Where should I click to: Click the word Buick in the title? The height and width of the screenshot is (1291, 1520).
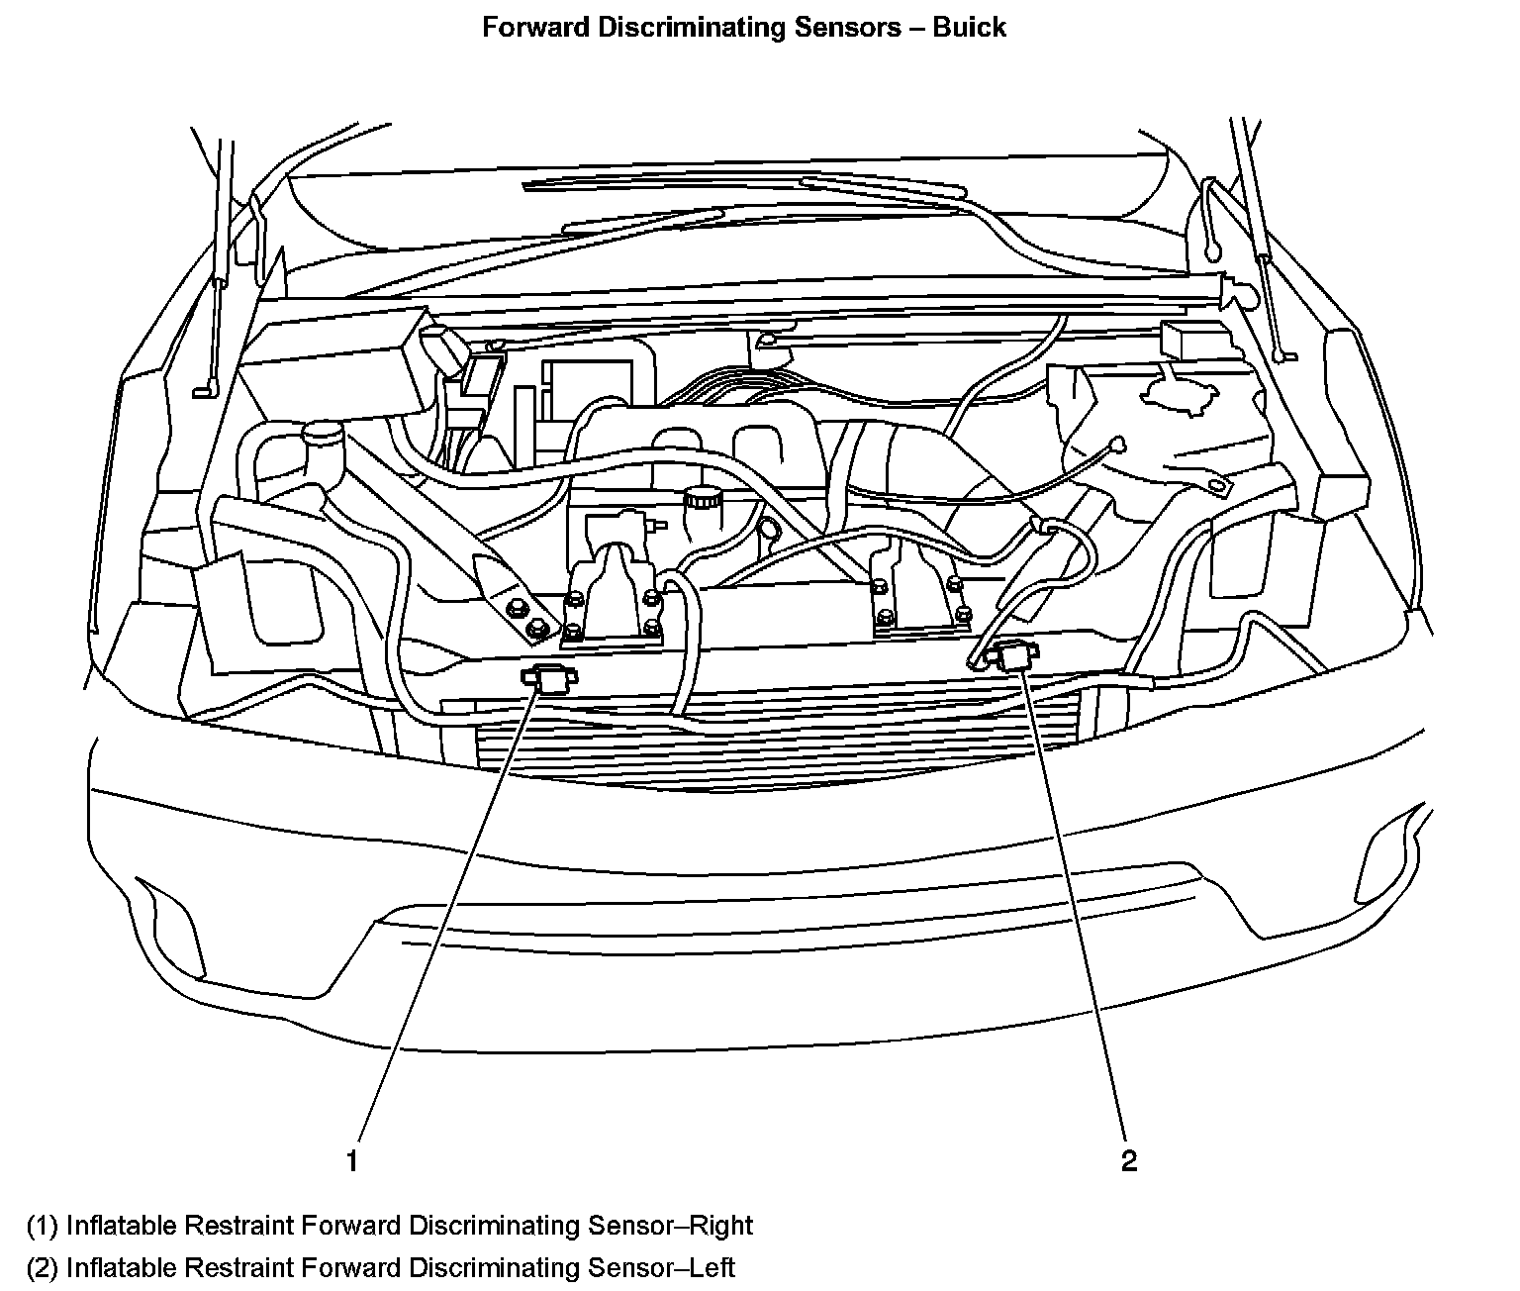pos(969,28)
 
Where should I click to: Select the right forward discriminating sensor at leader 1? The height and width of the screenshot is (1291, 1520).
pos(547,679)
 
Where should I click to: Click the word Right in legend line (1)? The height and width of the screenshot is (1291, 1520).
pos(723,1226)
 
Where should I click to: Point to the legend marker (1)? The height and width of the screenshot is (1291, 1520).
pos(43,1226)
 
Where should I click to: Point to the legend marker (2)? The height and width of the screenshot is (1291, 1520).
pos(43,1267)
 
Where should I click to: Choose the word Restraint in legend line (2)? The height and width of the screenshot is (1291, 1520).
pos(238,1267)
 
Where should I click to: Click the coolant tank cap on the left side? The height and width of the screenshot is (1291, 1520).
pos(322,433)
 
